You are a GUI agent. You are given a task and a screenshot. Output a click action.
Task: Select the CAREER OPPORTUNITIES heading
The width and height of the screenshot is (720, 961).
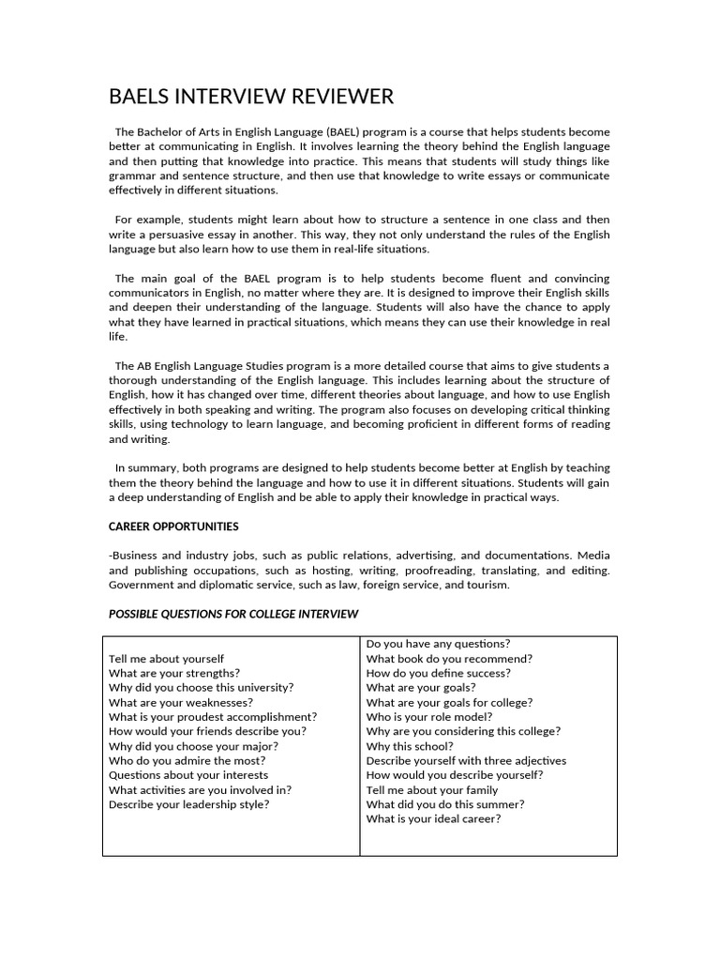(173, 526)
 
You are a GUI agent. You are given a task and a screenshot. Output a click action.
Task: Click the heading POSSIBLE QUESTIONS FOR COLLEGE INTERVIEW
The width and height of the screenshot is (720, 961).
(233, 614)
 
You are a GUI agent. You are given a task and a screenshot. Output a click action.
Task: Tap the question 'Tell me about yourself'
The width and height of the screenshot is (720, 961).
(166, 659)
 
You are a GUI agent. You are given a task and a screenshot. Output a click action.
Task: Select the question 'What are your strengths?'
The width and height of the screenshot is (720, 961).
(173, 673)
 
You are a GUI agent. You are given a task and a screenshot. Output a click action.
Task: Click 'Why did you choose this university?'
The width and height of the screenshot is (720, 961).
(201, 688)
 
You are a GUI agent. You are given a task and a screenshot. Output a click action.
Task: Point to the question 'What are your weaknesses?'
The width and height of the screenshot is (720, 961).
(180, 702)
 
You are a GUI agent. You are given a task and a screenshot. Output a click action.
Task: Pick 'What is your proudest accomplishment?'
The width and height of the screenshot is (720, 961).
(213, 717)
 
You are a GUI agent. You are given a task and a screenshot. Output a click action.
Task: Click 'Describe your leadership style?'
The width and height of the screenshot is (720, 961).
(188, 804)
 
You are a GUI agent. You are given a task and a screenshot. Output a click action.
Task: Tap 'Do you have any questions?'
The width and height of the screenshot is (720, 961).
(438, 644)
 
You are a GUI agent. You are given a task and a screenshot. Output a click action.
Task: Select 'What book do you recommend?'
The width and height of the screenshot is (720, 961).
(449, 659)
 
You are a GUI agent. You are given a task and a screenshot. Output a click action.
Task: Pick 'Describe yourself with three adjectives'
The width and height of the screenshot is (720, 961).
(466, 761)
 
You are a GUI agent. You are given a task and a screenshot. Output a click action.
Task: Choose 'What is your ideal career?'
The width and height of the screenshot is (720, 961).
(433, 818)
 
